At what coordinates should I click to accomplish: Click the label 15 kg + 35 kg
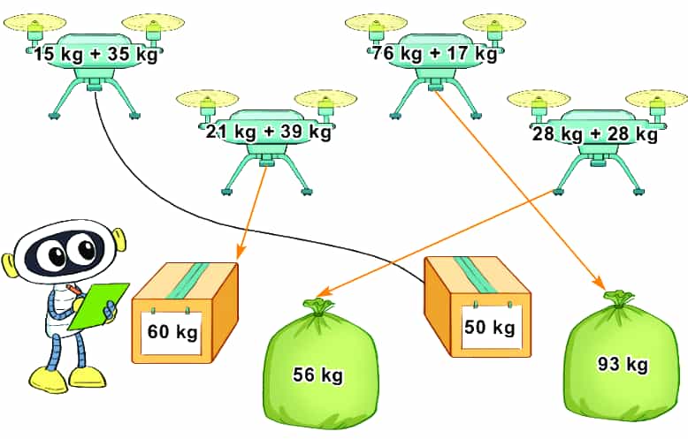[96, 55]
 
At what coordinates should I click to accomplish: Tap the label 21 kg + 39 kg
[268, 131]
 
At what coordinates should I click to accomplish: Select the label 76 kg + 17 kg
[434, 54]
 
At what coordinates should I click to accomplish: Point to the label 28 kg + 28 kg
[595, 133]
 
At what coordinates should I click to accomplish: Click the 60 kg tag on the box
[172, 331]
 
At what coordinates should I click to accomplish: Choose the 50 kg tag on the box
[490, 327]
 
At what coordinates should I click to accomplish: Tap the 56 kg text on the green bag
[318, 375]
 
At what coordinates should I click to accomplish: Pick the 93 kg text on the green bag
[623, 364]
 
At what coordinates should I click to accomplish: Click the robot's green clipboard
[99, 306]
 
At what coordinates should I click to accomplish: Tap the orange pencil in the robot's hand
[74, 290]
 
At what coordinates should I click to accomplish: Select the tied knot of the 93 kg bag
[619, 297]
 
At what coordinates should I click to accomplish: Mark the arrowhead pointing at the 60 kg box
[241, 253]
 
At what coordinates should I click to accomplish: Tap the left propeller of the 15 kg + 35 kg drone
[34, 21]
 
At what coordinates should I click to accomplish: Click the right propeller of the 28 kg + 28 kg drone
[656, 98]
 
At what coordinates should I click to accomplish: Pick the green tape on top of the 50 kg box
[473, 275]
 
